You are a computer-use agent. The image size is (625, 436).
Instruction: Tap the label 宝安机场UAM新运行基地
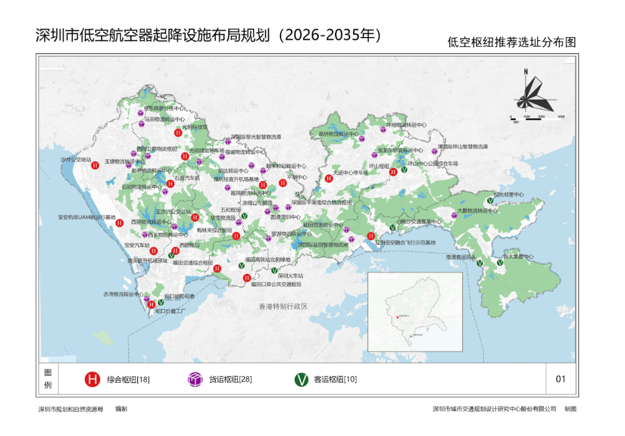tap(86, 218)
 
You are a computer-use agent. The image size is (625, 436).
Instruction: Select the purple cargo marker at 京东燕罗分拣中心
tap(141, 114)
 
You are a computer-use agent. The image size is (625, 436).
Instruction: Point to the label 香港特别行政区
tap(283, 306)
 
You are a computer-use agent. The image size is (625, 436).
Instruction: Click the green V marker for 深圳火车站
tap(274, 270)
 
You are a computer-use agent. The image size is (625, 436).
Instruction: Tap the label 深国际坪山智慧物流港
tap(462, 147)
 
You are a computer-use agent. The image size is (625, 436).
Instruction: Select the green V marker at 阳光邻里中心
tap(490, 201)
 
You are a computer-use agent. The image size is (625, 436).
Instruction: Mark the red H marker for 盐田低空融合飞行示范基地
tap(371, 236)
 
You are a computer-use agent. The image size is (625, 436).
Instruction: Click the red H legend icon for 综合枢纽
tap(92, 380)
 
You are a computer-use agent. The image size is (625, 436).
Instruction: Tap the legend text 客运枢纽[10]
tap(335, 380)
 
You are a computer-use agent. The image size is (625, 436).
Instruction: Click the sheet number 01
tap(560, 379)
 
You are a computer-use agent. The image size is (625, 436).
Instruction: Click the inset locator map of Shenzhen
tap(415, 312)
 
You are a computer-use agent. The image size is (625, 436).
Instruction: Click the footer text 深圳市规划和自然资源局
tap(71, 409)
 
